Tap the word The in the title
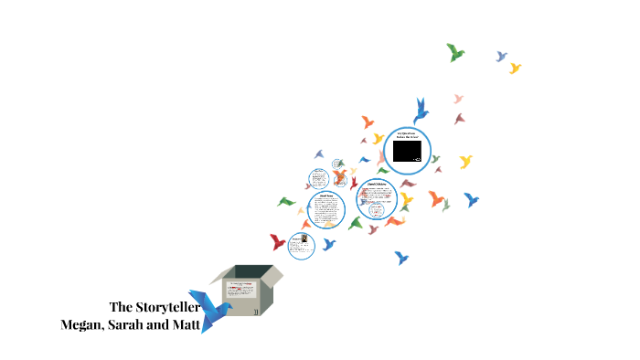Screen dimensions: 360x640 (x=121, y=307)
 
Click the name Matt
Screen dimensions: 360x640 (x=187, y=324)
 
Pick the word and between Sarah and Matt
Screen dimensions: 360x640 (x=162, y=324)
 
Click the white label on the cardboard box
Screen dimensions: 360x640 (x=242, y=291)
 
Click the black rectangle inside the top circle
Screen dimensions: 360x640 (x=407, y=151)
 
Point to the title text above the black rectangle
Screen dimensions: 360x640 (x=407, y=135)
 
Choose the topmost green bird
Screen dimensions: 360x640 (x=455, y=52)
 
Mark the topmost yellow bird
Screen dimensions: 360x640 (x=515, y=68)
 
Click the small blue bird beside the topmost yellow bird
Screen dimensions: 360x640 (x=501, y=57)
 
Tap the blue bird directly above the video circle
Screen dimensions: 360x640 (x=421, y=111)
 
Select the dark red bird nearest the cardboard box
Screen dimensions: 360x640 (x=278, y=242)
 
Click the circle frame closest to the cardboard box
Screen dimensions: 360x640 (x=302, y=245)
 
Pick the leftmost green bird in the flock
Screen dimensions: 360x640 (x=286, y=202)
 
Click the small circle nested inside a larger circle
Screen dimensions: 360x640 (x=377, y=210)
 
